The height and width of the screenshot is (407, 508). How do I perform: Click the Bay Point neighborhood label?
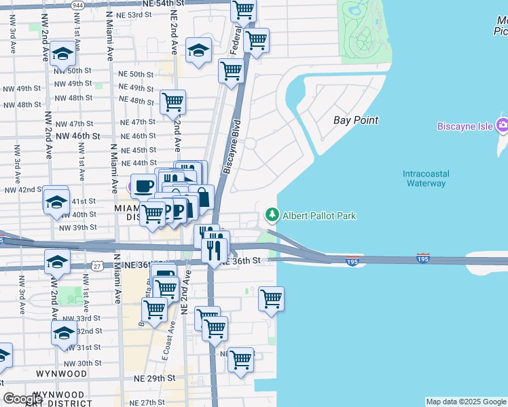[356, 120]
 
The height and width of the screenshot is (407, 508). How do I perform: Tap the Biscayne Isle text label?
[465, 126]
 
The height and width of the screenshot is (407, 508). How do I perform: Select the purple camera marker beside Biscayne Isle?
[503, 125]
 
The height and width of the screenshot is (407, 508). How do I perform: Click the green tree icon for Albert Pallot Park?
[272, 215]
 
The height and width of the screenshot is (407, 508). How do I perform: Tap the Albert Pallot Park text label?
[319, 216]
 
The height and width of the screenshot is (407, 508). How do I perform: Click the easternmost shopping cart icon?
[272, 298]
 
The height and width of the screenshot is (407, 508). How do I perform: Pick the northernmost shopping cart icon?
[243, 10]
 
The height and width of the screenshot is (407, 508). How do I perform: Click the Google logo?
[23, 399]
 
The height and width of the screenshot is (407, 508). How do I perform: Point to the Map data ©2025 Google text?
[466, 402]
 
